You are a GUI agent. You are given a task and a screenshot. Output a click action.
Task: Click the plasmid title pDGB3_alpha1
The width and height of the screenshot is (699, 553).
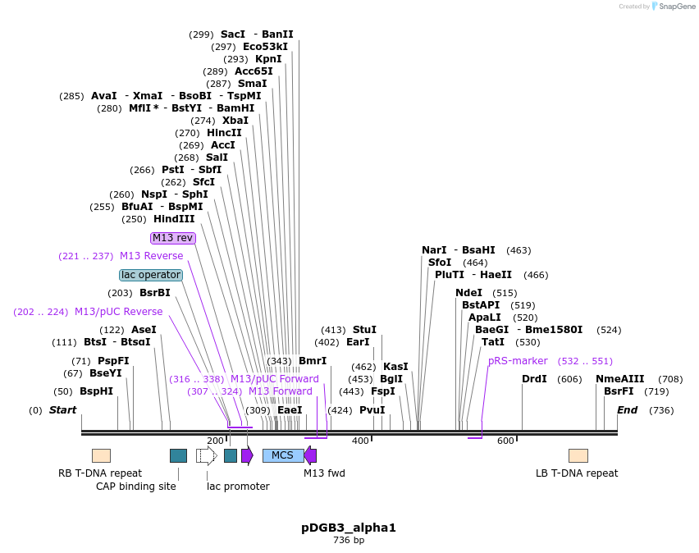click(349, 528)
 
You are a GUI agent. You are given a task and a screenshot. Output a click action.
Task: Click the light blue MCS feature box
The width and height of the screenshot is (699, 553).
click(282, 455)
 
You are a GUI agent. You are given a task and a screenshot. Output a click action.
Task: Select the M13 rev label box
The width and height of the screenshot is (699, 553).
click(173, 238)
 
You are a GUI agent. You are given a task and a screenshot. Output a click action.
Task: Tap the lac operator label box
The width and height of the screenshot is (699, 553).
click(150, 275)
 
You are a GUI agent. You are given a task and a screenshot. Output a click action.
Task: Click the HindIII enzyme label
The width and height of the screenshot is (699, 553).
click(174, 219)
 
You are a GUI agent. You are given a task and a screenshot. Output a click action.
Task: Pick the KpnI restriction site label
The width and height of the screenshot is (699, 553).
click(268, 59)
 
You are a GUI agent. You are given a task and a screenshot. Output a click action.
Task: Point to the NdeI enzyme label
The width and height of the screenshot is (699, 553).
click(469, 293)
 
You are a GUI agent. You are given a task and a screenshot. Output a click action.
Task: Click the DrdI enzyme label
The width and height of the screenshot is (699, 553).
click(534, 379)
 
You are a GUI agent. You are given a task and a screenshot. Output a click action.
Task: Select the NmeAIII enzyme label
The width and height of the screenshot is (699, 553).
click(620, 379)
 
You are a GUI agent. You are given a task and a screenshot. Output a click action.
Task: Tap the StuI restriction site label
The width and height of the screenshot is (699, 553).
click(364, 330)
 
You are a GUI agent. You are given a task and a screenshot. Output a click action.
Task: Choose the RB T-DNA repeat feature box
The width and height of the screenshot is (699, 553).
click(101, 455)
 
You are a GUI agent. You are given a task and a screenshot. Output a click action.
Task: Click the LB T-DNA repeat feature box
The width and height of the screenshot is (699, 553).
click(578, 455)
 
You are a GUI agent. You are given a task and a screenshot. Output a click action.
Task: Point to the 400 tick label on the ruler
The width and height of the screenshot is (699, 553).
click(360, 441)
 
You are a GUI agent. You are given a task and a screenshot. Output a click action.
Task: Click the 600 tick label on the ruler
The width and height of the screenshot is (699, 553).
click(505, 441)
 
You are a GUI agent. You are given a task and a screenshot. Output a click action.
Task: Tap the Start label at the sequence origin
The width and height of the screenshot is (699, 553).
click(62, 410)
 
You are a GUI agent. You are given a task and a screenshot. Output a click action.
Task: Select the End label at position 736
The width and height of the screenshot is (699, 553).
click(627, 410)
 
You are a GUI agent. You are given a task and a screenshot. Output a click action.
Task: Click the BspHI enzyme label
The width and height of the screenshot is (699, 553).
click(96, 391)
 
